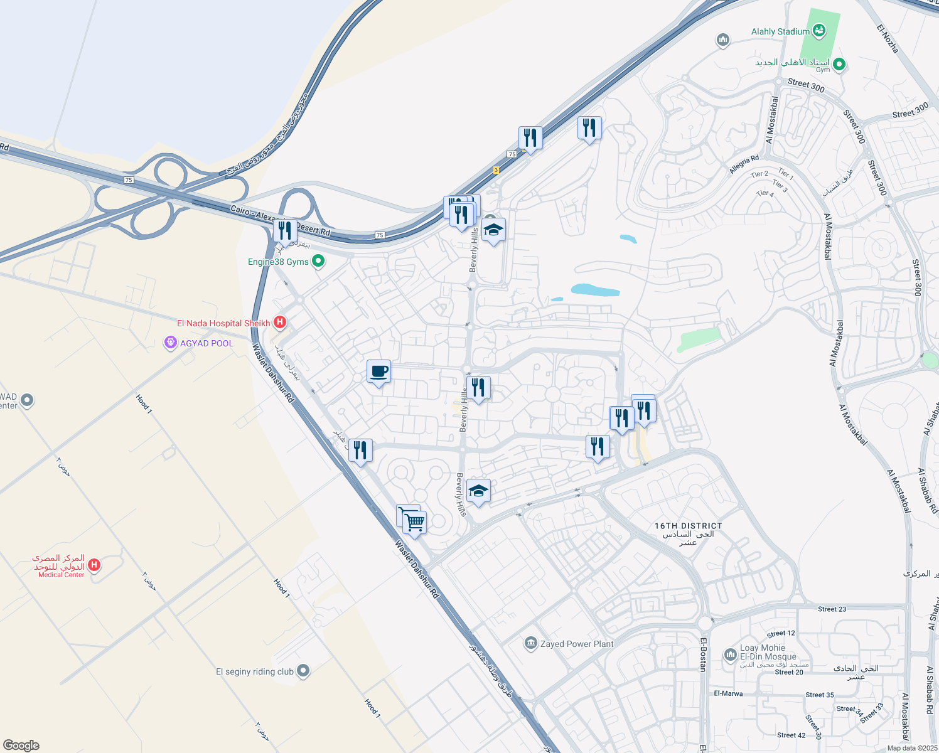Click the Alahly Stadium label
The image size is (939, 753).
point(780,31)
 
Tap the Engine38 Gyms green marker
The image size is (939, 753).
point(318,261)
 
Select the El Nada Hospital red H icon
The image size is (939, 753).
point(280,323)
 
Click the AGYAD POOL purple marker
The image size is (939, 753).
point(169,343)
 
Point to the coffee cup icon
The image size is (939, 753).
point(378,371)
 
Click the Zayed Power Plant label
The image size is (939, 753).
point(577,644)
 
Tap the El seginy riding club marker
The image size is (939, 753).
point(303,671)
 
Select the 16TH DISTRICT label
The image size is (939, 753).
point(688,526)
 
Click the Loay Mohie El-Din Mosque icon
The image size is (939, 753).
point(729,654)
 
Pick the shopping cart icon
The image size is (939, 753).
point(414,522)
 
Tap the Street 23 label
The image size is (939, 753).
point(832,609)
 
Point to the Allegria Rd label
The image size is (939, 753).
point(744,165)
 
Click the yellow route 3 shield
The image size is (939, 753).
point(496,170)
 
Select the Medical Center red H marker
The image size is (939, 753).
point(94,565)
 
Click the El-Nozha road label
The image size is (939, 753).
point(888,38)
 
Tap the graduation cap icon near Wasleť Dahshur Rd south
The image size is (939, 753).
point(478,491)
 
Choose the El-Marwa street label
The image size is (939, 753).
point(728,693)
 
